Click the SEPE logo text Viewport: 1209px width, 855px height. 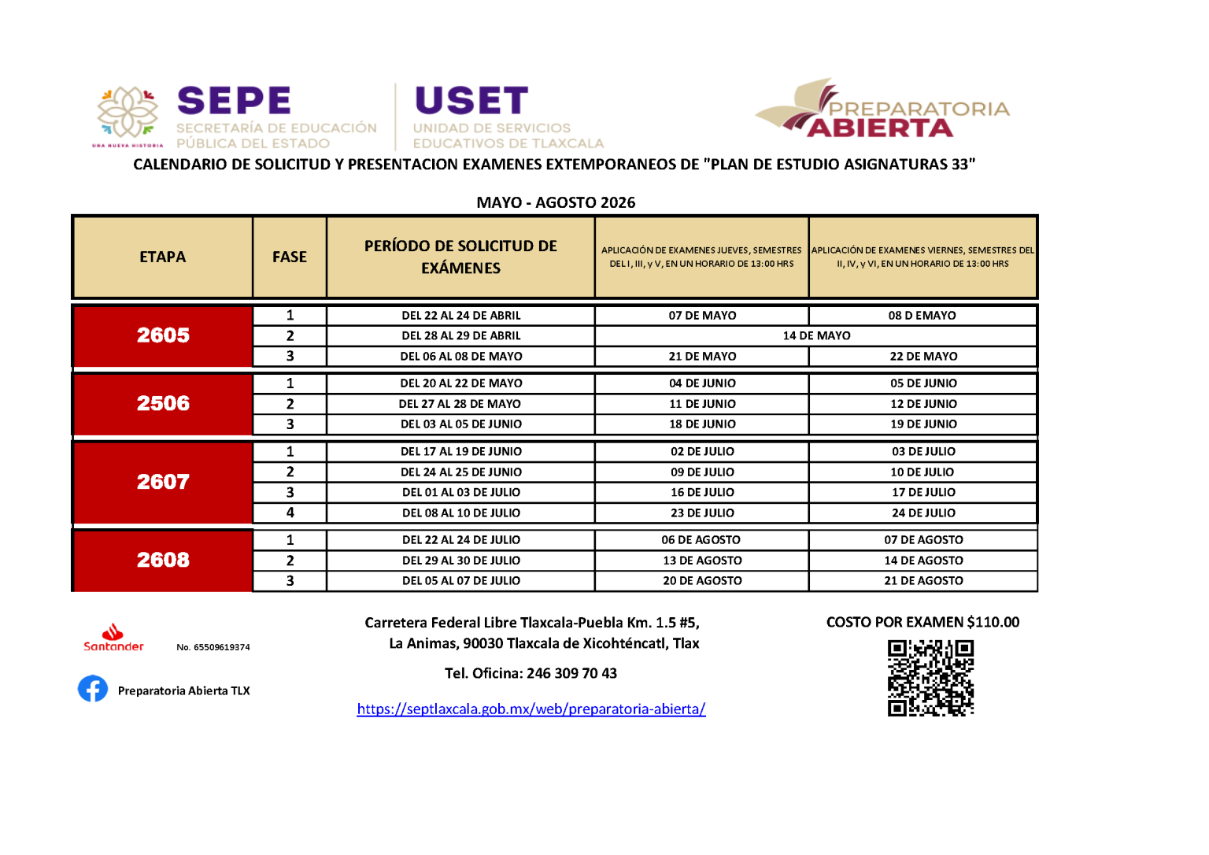pos(235,101)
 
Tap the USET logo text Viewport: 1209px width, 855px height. pos(471,101)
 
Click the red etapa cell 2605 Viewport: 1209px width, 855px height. pos(163,335)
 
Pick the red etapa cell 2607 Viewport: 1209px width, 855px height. pos(163,482)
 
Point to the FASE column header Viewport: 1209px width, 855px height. pos(290,257)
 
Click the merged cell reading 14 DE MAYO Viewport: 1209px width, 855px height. pos(816,335)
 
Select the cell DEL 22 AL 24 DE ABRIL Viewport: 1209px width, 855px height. pos(461,316)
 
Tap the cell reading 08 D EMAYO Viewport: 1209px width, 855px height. pos(922,316)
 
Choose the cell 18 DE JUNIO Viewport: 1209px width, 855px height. pos(702,424)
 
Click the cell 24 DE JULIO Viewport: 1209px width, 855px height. pos(923,513)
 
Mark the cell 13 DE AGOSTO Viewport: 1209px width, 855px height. pos(702,561)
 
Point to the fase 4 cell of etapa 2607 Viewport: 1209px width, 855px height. pos(290,513)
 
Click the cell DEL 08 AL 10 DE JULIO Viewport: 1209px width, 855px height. pos(461,513)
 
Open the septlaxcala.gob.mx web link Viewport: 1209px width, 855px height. pos(531,709)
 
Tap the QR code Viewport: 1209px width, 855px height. pos(930,677)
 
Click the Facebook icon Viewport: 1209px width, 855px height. pos(93,689)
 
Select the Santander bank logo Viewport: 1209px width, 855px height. pos(113,638)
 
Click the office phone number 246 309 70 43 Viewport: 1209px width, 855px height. pos(571,673)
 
